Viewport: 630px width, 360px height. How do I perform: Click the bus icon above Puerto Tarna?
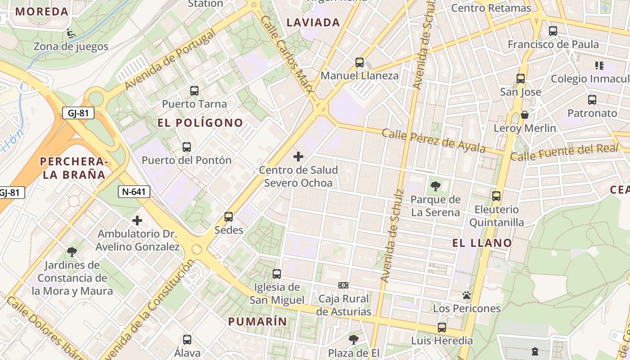click(x=194, y=90)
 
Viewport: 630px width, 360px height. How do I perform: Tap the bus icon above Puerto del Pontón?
click(x=187, y=147)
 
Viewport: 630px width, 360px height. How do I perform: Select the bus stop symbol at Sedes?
click(x=229, y=217)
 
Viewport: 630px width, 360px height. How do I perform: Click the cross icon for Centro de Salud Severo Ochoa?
click(x=298, y=157)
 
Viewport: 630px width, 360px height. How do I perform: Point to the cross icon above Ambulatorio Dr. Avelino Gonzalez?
click(x=137, y=220)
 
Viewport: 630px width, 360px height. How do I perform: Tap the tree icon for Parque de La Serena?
click(x=435, y=186)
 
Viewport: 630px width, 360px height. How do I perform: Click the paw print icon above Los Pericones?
click(x=467, y=295)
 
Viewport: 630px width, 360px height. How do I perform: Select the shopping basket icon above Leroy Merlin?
click(x=525, y=115)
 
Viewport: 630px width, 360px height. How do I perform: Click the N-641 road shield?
click(x=134, y=192)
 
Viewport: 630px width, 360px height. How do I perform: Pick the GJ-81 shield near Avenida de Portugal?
click(x=78, y=113)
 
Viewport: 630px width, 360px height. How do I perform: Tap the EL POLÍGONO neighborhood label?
click(x=200, y=123)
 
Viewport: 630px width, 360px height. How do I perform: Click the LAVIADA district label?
click(x=313, y=22)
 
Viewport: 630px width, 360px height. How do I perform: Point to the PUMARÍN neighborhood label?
click(x=257, y=321)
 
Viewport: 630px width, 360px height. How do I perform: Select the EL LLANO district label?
click(x=482, y=243)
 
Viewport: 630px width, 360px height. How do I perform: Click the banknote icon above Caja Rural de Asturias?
click(x=343, y=285)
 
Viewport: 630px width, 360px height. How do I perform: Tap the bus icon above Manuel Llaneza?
click(x=359, y=62)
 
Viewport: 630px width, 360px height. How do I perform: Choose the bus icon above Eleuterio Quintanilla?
click(x=496, y=196)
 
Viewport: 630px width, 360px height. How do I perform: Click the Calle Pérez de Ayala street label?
click(x=433, y=140)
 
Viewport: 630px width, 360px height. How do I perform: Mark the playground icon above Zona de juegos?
click(x=71, y=33)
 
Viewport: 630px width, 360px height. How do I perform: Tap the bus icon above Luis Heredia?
click(x=442, y=327)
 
